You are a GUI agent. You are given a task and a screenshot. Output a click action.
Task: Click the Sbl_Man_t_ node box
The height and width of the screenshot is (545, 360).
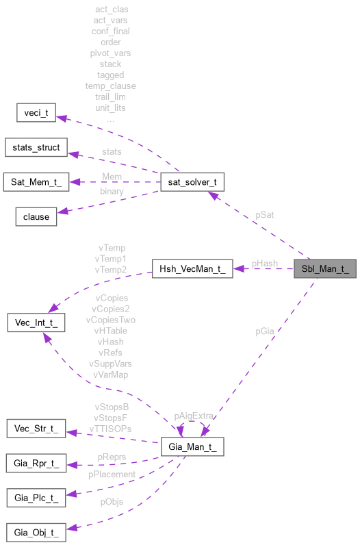[325, 268]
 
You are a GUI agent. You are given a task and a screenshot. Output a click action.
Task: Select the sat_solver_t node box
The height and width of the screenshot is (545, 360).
[192, 182]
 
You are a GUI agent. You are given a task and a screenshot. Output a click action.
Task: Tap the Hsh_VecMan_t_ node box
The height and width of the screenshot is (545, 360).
[192, 268]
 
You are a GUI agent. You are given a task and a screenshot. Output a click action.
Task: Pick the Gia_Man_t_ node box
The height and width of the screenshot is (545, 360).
[192, 446]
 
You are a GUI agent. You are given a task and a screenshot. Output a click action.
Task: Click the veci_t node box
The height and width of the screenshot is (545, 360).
[36, 113]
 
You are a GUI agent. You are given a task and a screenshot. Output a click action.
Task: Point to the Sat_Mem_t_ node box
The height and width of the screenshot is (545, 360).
[36, 181]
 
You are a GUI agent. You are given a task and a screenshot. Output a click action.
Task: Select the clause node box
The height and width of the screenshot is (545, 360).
[36, 216]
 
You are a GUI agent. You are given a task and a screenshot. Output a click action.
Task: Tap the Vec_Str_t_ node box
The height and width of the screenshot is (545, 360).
[36, 429]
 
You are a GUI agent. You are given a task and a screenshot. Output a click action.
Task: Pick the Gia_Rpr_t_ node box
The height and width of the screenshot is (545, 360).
[36, 464]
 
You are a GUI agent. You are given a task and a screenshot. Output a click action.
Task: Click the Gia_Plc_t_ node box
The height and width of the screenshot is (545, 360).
[36, 498]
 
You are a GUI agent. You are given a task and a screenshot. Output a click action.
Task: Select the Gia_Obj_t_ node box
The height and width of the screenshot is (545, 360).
[36, 532]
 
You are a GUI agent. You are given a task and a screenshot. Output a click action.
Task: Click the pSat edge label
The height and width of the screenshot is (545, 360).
[266, 214]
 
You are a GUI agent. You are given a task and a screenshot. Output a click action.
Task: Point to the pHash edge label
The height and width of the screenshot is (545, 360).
[264, 263]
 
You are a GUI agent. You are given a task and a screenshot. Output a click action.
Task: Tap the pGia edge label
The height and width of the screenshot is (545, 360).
[265, 331]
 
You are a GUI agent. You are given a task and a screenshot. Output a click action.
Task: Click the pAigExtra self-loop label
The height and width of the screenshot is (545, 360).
[194, 416]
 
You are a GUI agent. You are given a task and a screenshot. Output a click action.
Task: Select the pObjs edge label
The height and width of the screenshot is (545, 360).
[111, 502]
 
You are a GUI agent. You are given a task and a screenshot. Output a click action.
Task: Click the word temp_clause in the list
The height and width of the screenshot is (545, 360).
[110, 86]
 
